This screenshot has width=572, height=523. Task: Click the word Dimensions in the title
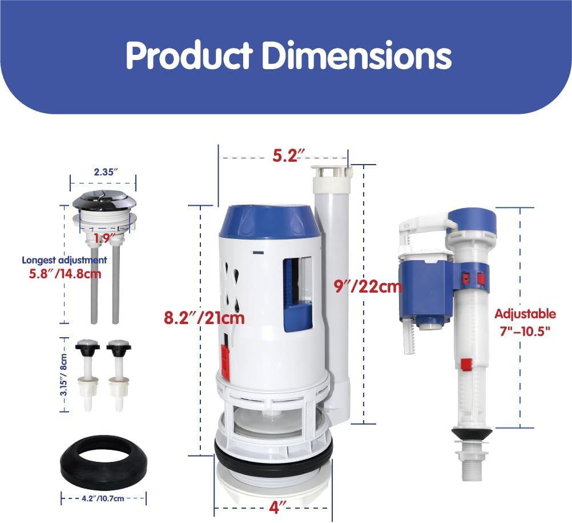pos(355,55)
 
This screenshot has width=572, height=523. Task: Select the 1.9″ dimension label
pos(105,236)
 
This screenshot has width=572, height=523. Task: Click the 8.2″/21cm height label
pos(204,317)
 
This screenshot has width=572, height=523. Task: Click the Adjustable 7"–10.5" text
pos(525,322)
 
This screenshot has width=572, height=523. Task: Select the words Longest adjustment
pos(65,259)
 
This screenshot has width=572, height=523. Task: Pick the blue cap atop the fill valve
pos(473,219)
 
